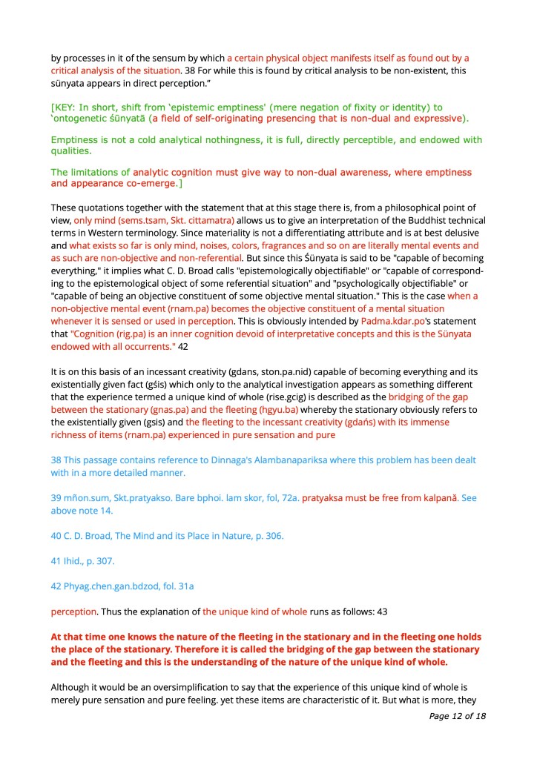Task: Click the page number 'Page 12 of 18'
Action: click(457, 716)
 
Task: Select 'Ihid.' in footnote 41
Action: click(77, 561)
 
